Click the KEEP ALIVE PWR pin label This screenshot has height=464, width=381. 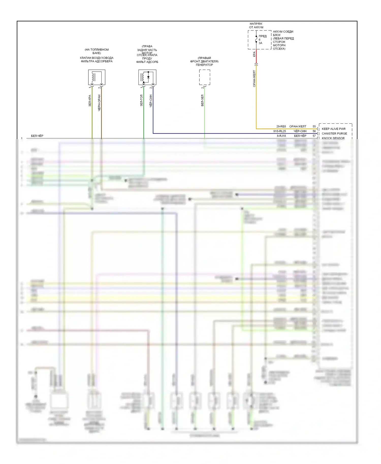click(x=334, y=129)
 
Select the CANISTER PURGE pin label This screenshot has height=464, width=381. click(x=334, y=134)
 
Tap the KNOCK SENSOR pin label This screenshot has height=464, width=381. click(x=333, y=138)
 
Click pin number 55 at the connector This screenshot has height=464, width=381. click(x=314, y=126)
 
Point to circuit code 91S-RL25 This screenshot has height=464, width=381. click(x=279, y=131)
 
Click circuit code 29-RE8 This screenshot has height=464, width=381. click(x=281, y=126)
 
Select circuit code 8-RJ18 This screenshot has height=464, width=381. click(x=281, y=136)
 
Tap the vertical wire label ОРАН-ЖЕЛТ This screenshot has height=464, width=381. click(x=254, y=79)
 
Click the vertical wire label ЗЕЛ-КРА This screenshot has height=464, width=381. click(x=90, y=101)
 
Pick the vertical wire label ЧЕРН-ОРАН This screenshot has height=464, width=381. click(x=99, y=103)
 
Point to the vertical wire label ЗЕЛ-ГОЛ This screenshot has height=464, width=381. click(x=141, y=100)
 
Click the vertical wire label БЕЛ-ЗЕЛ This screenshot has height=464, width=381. click(x=202, y=100)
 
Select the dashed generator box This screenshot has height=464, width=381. click(x=204, y=77)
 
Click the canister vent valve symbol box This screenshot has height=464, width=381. click(x=97, y=77)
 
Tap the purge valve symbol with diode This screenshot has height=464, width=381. click(x=147, y=77)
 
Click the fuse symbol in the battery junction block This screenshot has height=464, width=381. click(x=256, y=39)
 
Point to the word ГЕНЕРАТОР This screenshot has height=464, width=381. click(x=204, y=65)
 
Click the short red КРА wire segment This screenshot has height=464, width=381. click(x=256, y=56)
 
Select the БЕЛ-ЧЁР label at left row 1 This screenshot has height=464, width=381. click(x=37, y=136)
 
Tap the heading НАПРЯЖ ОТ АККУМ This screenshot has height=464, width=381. click(x=256, y=25)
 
